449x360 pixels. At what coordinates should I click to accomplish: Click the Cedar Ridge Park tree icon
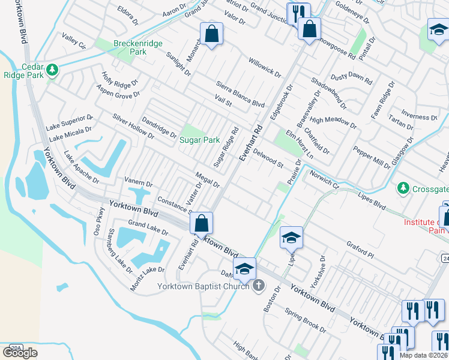[x=53, y=70]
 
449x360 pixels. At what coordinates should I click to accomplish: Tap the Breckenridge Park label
[x=130, y=47]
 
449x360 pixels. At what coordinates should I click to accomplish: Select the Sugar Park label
[x=200, y=140]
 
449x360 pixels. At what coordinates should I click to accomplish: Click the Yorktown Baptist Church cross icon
[x=259, y=286]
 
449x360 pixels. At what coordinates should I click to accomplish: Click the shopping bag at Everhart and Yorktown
[x=202, y=224]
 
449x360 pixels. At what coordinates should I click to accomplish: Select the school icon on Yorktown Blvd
[x=244, y=269]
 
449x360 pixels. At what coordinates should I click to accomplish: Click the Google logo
[x=20, y=352]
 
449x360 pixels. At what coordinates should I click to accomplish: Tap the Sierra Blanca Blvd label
[x=240, y=94]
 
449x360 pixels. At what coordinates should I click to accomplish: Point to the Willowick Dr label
[x=265, y=66]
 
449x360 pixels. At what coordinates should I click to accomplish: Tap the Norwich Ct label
[x=325, y=180]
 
